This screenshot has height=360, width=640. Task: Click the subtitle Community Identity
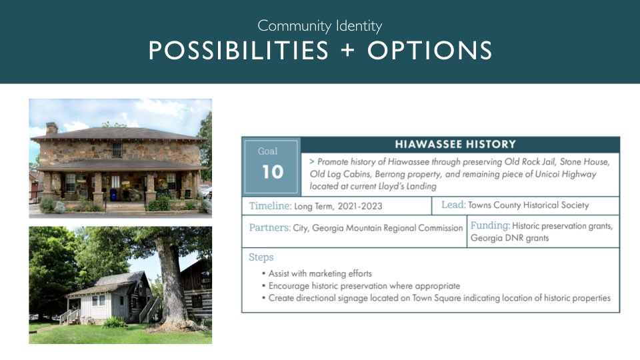319,26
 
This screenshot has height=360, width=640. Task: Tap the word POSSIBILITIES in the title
239,51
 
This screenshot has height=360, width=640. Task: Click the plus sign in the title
348,51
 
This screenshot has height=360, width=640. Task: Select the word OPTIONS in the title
429,51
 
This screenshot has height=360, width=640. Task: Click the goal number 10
272,172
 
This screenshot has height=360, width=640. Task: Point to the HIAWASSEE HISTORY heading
455,144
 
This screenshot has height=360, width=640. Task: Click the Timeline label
270,206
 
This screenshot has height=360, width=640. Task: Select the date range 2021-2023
359,206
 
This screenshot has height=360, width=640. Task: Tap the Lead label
453,205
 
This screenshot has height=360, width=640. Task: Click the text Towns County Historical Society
528,205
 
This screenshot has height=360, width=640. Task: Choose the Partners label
270,227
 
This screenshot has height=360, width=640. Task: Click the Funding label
490,225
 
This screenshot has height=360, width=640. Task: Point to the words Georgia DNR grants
509,238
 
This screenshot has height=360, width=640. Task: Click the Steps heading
261,257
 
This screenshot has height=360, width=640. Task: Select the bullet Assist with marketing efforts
317,273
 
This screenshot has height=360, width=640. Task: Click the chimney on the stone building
51,128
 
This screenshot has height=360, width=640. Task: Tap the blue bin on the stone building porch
113,195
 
